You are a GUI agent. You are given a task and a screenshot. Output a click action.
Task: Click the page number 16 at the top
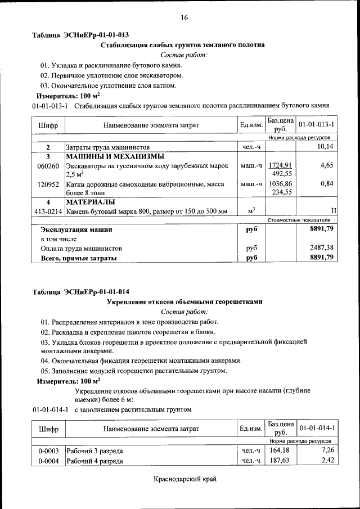184,18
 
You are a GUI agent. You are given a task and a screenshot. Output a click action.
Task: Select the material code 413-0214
48,211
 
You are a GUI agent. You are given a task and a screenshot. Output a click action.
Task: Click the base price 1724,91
280,165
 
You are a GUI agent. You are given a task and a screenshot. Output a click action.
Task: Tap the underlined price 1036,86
280,183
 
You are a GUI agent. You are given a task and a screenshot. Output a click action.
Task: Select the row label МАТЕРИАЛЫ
91,202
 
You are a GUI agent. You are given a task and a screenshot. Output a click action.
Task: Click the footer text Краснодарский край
184,479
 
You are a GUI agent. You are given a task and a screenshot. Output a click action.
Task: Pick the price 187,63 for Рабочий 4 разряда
279,461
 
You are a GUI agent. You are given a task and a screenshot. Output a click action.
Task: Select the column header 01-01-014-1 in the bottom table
317,428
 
